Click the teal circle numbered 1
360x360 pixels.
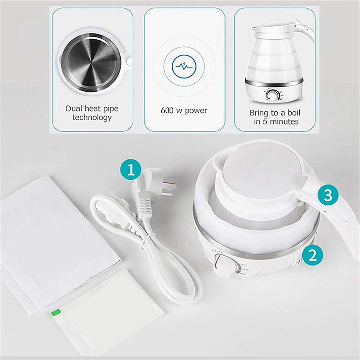tap(130, 170)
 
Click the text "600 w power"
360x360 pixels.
tap(184, 110)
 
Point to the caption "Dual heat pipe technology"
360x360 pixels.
tap(92, 113)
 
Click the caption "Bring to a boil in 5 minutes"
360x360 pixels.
tap(274, 117)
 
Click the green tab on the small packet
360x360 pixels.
tap(56, 313)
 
